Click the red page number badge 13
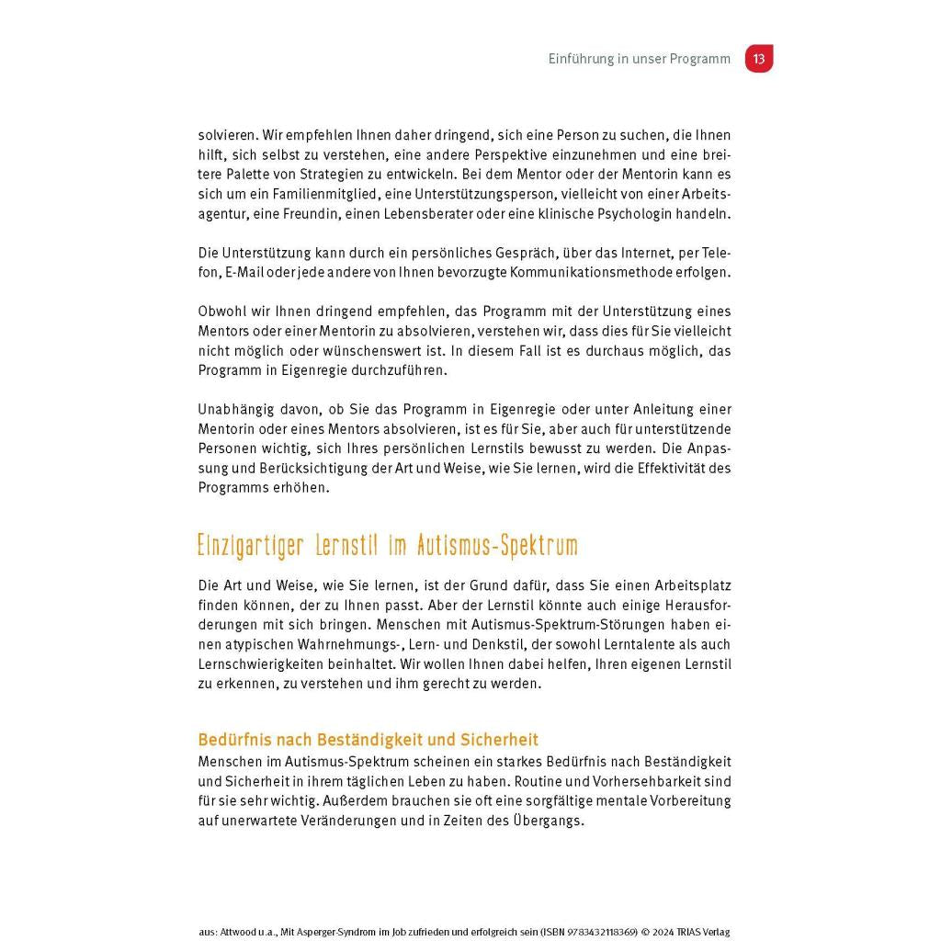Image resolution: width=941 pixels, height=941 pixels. click(x=758, y=59)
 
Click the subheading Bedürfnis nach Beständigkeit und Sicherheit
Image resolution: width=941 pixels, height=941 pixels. click(x=368, y=740)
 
